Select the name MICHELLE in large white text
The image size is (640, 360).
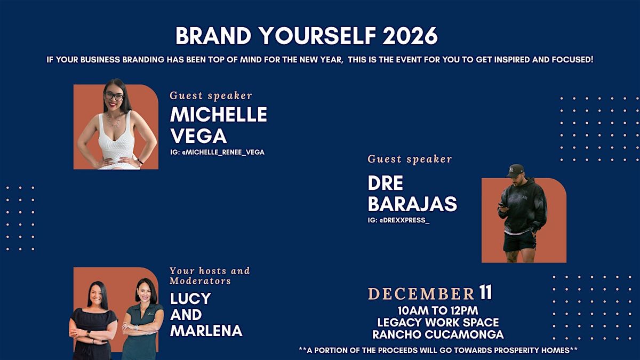(219, 115)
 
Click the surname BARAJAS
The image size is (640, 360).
(412, 204)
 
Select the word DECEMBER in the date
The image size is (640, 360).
(421, 294)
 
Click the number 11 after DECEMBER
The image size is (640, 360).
(485, 293)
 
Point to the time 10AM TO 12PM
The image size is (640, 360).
(437, 310)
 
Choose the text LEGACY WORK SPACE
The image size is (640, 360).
(438, 323)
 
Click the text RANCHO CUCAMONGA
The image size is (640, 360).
(438, 335)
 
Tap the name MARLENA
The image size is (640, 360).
(206, 330)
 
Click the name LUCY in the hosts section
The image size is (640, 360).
(190, 299)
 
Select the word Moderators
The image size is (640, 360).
(201, 281)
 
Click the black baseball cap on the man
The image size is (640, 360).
(516, 170)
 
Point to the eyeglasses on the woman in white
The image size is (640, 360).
(114, 97)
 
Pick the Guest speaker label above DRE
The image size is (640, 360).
(410, 159)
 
